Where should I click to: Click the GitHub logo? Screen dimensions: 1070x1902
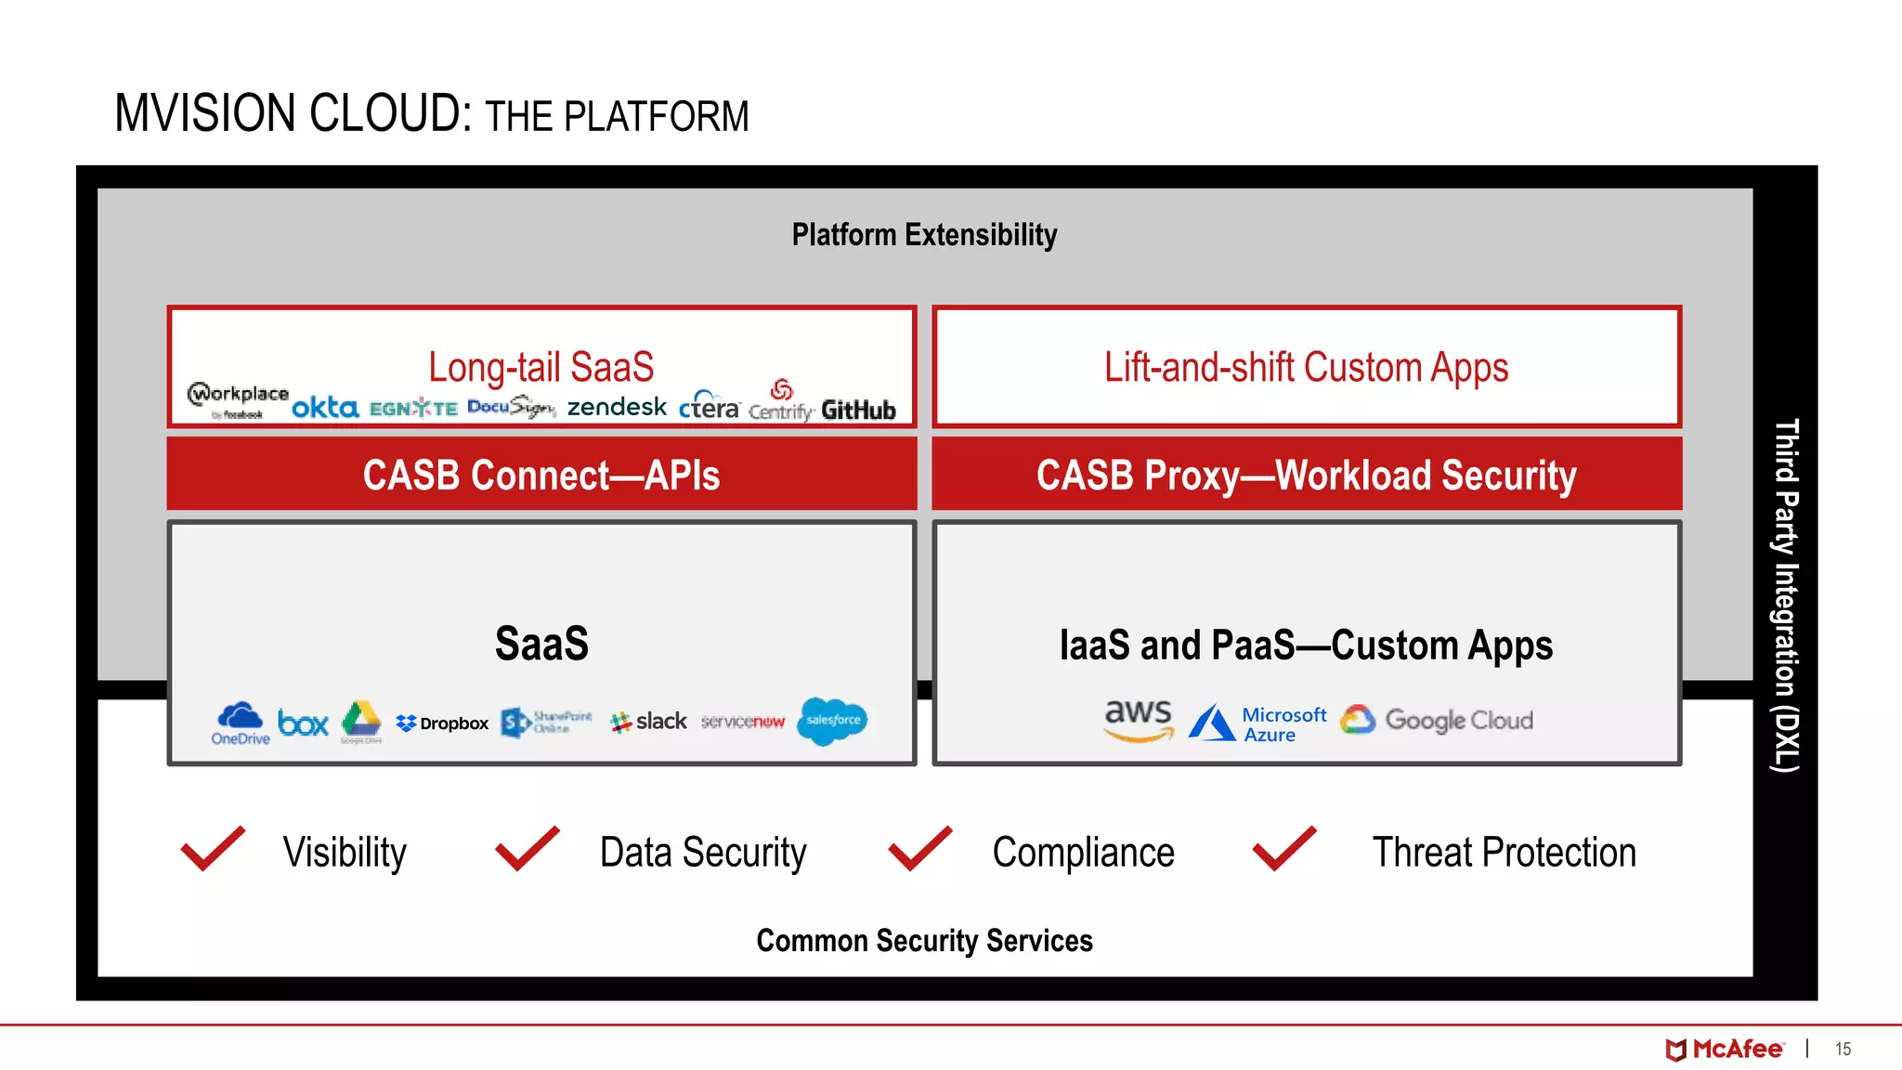858,410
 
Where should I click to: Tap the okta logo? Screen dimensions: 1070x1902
325,407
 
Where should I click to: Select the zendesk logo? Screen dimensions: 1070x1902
617,406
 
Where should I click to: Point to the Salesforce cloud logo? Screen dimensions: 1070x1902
832,721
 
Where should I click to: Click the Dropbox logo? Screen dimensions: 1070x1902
442,723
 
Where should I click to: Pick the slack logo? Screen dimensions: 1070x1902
648,722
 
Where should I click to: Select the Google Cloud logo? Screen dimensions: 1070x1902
1437,720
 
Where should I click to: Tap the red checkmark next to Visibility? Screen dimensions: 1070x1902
214,848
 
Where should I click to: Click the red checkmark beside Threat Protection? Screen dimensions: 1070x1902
1284,848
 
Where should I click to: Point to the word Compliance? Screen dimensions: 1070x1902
1083,853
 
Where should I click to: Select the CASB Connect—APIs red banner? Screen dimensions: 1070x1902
541,475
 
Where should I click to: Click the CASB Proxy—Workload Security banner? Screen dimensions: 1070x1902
1307,475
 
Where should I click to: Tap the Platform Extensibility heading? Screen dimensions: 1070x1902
924,235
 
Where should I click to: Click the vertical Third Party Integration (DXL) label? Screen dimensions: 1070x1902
1786,594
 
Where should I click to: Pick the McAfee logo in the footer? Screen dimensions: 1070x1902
1724,1049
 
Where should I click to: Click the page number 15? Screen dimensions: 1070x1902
1843,1049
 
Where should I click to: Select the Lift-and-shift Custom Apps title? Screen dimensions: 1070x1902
1306,367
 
